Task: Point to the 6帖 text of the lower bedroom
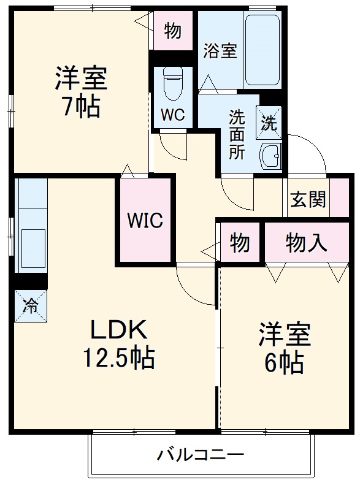pyautogui.click(x=283, y=364)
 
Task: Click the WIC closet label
pyautogui.click(x=145, y=220)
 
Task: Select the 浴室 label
pyautogui.click(x=220, y=50)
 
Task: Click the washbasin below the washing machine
pyautogui.click(x=270, y=155)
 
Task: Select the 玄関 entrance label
pyautogui.click(x=308, y=199)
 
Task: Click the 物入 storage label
pyautogui.click(x=307, y=243)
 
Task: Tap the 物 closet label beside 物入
pyautogui.click(x=240, y=243)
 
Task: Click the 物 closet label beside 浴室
pyautogui.click(x=173, y=31)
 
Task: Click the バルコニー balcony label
pyautogui.click(x=201, y=456)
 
